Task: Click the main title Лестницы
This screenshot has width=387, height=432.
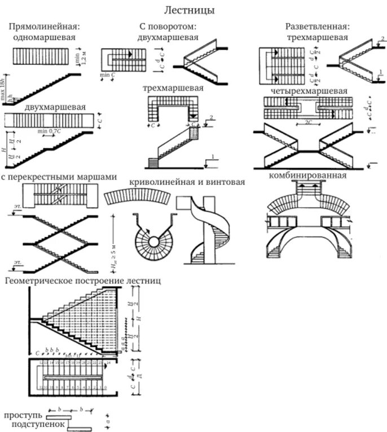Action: pyautogui.click(x=189, y=10)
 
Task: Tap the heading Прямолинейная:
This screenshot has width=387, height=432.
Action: pyautogui.click(x=43, y=27)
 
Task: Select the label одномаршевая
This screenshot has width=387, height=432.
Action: pyautogui.click(x=43, y=37)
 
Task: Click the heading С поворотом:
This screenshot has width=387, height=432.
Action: pyautogui.click(x=168, y=27)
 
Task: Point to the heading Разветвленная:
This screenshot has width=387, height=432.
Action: pyautogui.click(x=317, y=27)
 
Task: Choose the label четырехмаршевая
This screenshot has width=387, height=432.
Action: pyautogui.click(x=309, y=90)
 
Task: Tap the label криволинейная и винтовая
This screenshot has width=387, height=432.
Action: pyautogui.click(x=187, y=182)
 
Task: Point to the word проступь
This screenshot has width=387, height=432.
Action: pyautogui.click(x=21, y=415)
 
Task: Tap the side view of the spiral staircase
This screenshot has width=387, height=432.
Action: pyautogui.click(x=206, y=232)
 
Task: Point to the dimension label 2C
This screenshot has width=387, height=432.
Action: pyautogui.click(x=309, y=121)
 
